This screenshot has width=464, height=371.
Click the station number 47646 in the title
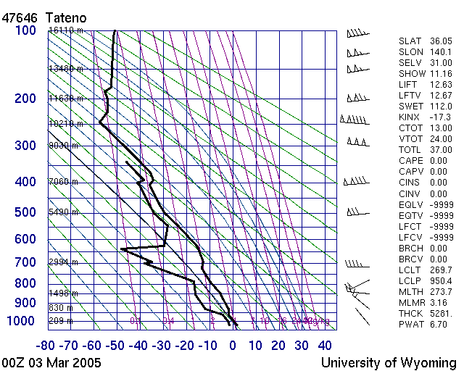coord(19,17)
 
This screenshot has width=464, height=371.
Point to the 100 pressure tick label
coord(25,31)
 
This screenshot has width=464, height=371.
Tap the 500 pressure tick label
coord(25,213)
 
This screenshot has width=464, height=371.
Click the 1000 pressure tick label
coord(22,321)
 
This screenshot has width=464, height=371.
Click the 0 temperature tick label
coord(233,346)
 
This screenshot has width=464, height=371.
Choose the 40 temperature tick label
coord(325,346)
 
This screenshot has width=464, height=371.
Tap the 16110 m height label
coord(66,30)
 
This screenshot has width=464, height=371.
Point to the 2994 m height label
coord(64,262)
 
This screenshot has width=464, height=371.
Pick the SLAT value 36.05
coord(440,41)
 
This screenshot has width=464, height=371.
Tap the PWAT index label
coord(411,325)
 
